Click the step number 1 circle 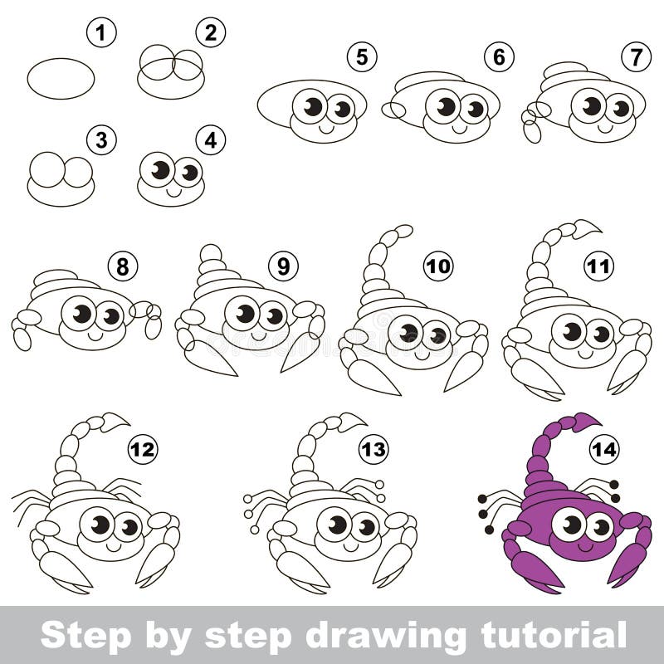click(101, 34)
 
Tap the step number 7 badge click(636, 57)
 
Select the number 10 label click(439, 266)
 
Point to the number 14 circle click(604, 449)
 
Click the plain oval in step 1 click(61, 79)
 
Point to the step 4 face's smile click(174, 190)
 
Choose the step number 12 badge click(143, 449)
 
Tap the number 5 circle click(362, 57)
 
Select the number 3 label click(101, 140)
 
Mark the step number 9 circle click(283, 266)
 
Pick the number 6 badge click(499, 57)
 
